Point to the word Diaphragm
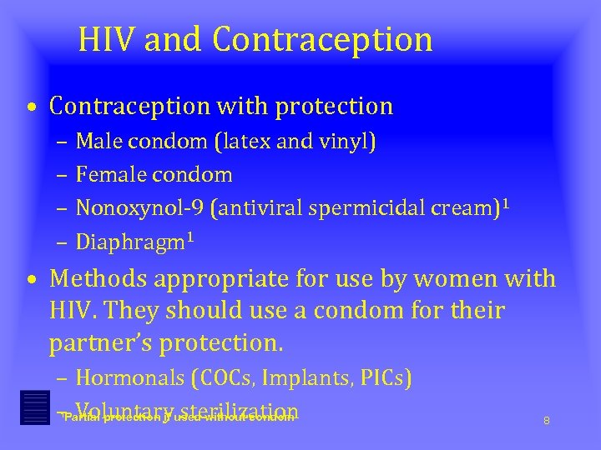(x=130, y=242)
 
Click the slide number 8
(x=547, y=421)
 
